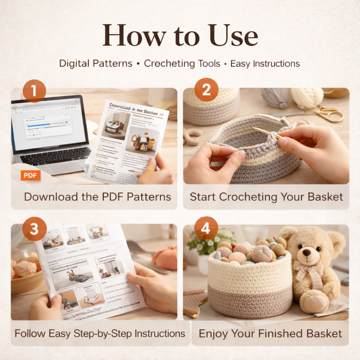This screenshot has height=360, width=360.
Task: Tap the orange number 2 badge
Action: coord(206,90)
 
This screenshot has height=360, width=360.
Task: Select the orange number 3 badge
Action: coord(34,229)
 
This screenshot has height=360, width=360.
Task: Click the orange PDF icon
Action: coord(31,175)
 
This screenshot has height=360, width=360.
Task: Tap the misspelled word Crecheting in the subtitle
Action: coord(182,64)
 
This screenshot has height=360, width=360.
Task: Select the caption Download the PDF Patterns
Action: coord(97,197)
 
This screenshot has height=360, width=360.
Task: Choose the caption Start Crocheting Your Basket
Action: coord(266,197)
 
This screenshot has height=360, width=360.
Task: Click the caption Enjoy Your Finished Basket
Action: coord(270,333)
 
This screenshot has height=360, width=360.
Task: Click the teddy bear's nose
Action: coord(307,252)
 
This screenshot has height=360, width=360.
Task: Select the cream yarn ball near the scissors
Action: coord(307,97)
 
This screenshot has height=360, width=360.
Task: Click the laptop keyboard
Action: coord(55,154)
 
